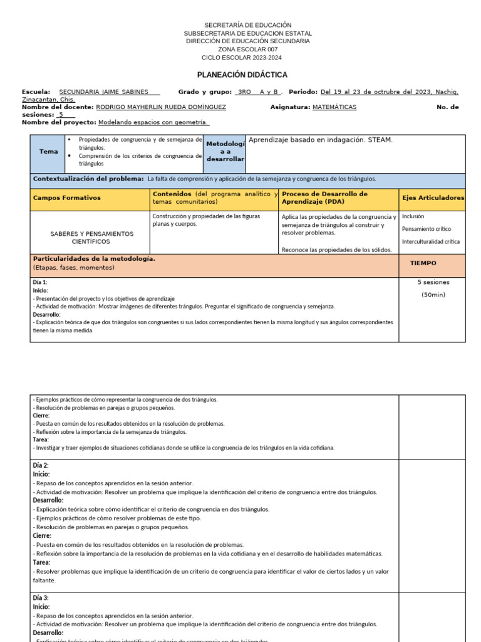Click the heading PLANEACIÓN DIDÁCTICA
click(242, 75)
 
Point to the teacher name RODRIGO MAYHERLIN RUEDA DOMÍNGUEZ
click(161, 107)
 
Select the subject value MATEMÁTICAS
click(334, 107)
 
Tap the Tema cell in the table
click(48, 152)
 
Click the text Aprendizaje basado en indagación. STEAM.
click(321, 140)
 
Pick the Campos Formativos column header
click(66, 198)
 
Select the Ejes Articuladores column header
click(433, 198)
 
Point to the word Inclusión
click(413, 216)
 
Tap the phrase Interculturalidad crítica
click(430, 241)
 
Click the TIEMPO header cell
click(423, 263)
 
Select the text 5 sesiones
click(433, 282)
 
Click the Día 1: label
click(40, 283)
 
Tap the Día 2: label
click(41, 465)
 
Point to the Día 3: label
click(41, 598)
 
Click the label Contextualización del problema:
click(88, 179)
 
